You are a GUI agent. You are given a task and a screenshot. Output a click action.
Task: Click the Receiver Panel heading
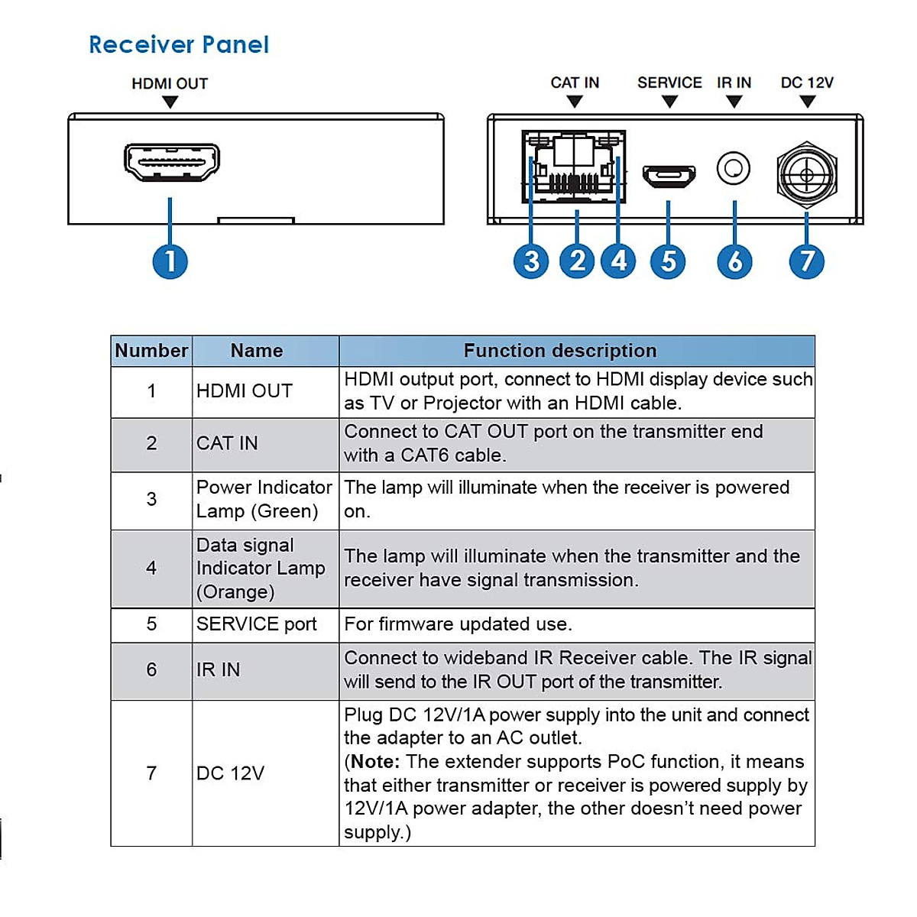click(x=179, y=45)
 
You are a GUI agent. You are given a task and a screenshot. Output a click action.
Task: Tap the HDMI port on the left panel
click(x=172, y=162)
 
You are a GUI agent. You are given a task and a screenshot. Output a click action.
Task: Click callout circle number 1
click(x=170, y=261)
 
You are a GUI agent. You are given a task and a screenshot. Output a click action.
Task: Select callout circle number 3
click(x=531, y=261)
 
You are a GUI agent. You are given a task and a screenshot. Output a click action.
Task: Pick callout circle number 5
click(x=668, y=261)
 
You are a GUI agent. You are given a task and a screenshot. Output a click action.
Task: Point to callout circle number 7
click(x=806, y=261)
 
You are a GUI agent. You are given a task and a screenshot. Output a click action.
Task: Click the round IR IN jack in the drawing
click(x=734, y=169)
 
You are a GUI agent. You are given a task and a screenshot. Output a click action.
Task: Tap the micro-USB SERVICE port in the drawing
click(x=669, y=176)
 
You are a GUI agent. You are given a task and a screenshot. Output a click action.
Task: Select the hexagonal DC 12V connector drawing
click(x=807, y=175)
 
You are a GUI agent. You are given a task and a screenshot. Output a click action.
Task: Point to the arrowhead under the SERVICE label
click(x=669, y=102)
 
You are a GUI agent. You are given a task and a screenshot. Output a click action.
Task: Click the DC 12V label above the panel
click(x=807, y=83)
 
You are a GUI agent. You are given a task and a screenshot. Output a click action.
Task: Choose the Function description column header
click(x=560, y=351)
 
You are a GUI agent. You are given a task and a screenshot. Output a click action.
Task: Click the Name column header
click(x=257, y=351)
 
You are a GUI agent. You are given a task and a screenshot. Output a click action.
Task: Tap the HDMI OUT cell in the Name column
click(x=245, y=391)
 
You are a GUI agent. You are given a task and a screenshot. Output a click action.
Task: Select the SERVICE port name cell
click(x=257, y=624)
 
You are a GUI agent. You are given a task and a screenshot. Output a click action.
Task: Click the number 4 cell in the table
click(x=151, y=568)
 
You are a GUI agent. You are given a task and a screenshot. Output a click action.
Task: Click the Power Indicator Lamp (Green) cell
click(x=264, y=499)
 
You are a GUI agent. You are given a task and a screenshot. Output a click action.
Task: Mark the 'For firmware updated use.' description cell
click(x=458, y=624)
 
